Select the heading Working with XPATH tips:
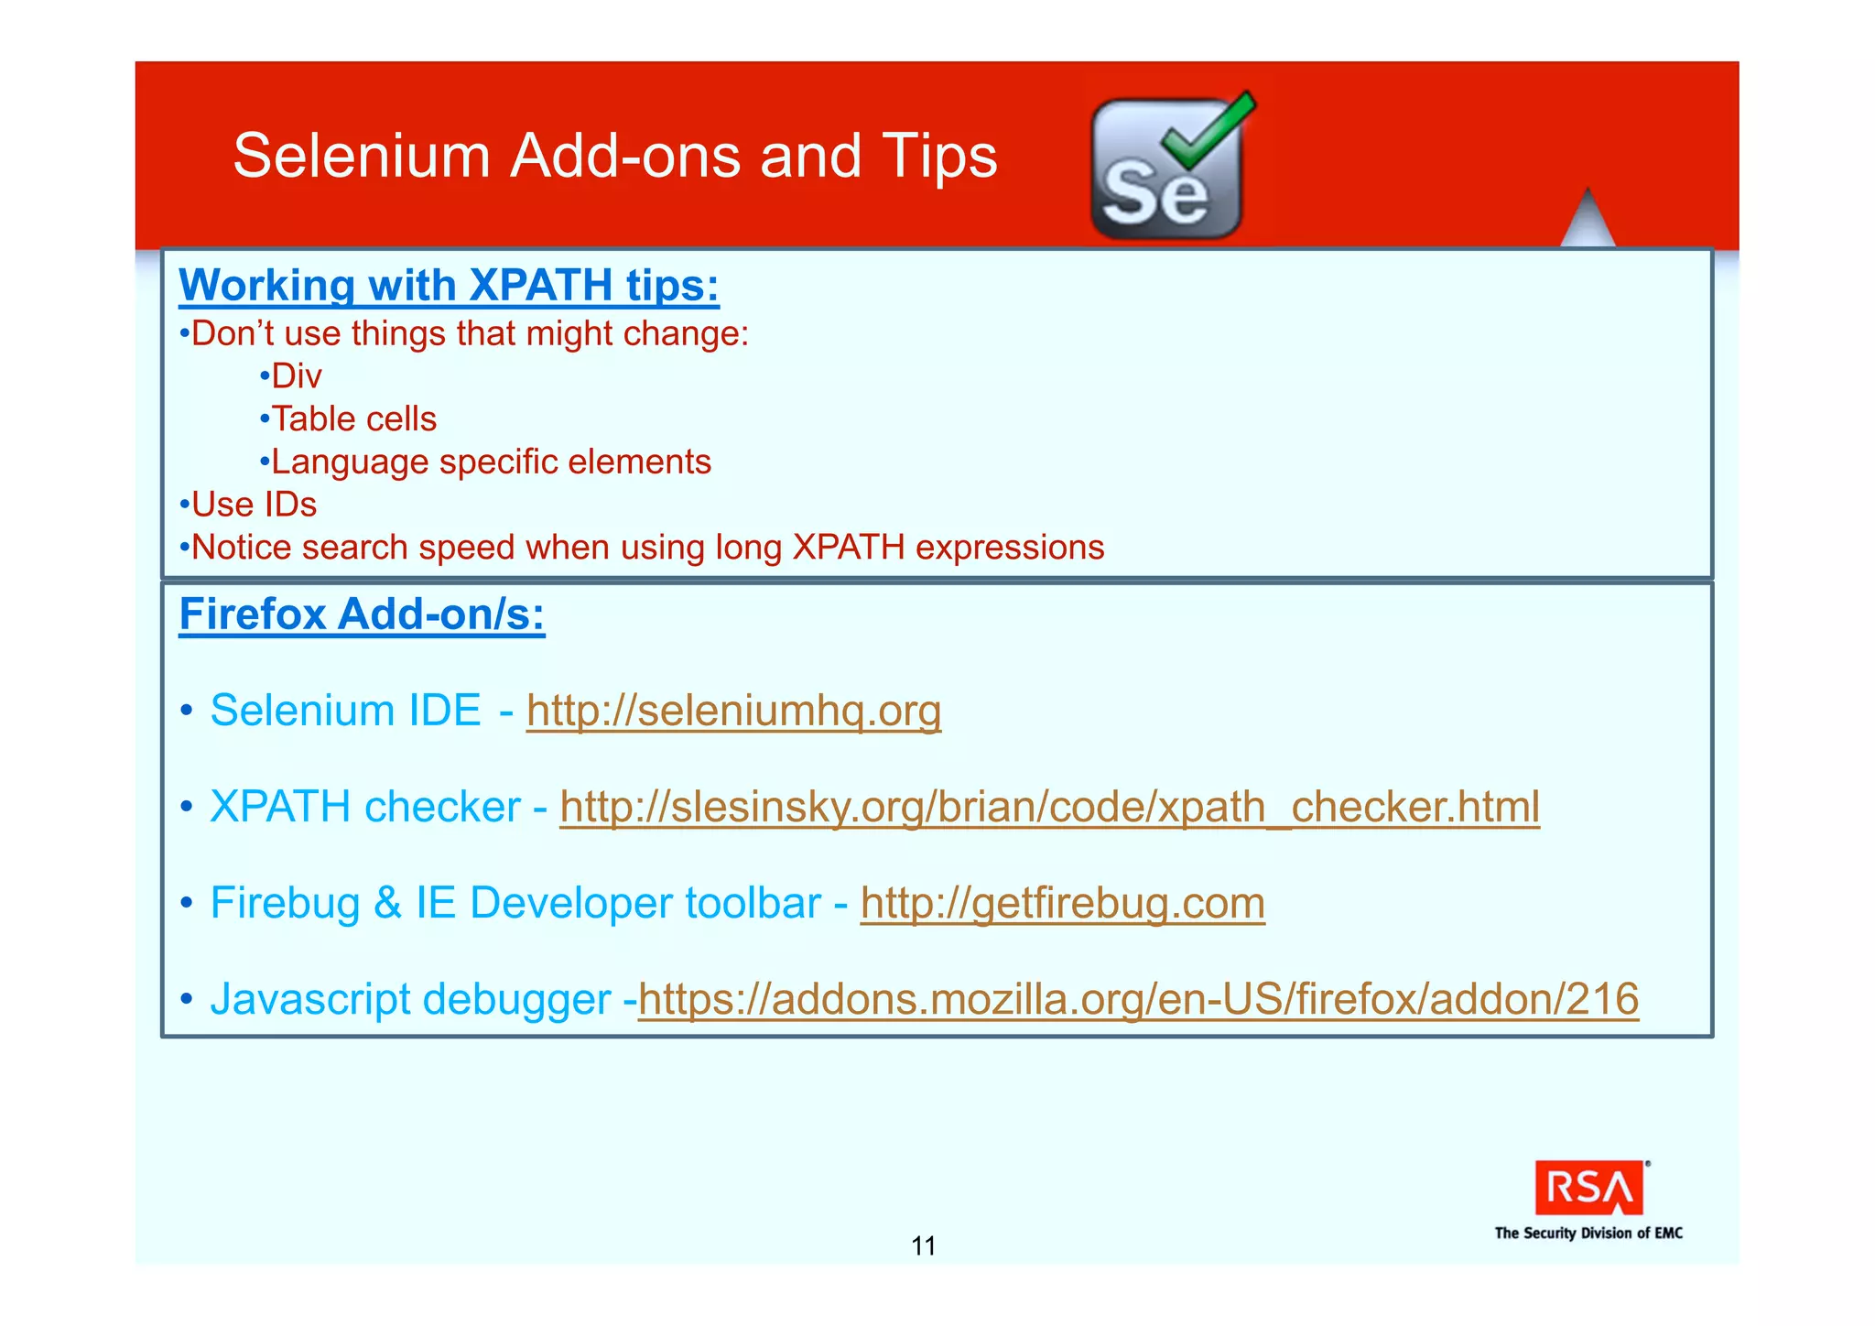coord(449,285)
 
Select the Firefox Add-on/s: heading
coord(362,614)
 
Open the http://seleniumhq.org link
coord(733,711)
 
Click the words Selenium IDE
coord(345,711)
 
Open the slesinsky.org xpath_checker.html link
coord(1049,807)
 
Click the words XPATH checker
coord(364,807)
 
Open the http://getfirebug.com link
coord(1062,903)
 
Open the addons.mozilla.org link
coord(1137,999)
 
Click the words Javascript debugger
coord(409,999)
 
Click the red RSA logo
coord(1588,1189)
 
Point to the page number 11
coord(923,1245)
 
